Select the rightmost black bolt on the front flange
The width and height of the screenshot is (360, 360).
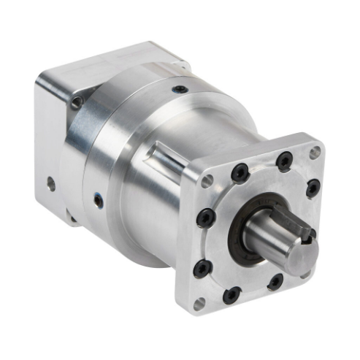[313, 188]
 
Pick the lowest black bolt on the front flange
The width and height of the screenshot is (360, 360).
[231, 294]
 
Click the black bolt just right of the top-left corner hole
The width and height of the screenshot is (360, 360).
[239, 172]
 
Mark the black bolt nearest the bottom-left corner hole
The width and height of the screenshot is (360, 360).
[202, 267]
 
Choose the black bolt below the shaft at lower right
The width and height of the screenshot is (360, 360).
[275, 280]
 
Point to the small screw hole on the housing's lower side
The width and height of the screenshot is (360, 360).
[97, 197]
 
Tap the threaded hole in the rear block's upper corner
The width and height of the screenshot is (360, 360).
[77, 103]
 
